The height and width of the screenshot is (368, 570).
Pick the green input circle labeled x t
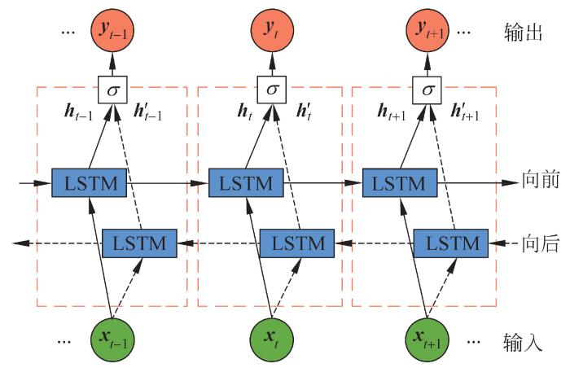(273, 337)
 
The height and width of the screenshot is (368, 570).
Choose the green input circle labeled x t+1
(427, 337)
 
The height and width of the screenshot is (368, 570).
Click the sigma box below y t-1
(114, 89)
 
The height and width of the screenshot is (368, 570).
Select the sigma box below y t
(273, 89)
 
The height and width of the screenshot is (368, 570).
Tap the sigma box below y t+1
(427, 89)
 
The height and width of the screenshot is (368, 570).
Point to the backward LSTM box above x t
(296, 243)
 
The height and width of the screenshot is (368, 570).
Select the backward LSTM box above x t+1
(450, 243)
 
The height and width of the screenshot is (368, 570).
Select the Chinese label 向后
(540, 243)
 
